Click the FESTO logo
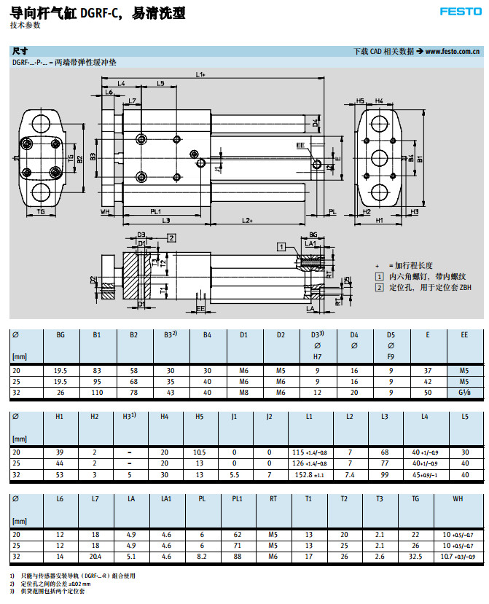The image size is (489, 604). pos(461,10)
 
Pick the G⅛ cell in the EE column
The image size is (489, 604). pos(463,393)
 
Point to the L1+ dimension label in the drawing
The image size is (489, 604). pos(200,74)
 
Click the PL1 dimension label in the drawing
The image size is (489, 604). pos(155,211)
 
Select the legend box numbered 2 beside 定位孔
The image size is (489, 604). pos(379,288)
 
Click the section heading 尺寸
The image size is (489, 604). pos(20,52)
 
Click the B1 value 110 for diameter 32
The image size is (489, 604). pos(96,393)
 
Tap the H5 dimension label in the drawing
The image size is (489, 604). pos(361,101)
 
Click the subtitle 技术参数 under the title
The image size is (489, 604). pos(26,25)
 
